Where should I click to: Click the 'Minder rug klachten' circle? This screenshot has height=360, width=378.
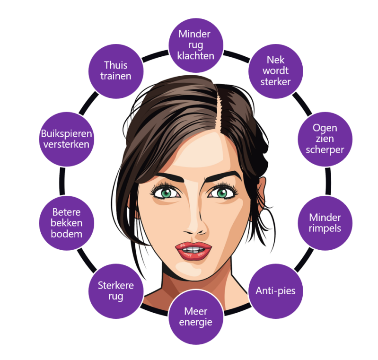(x=195, y=45)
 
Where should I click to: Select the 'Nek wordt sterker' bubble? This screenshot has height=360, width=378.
(x=276, y=71)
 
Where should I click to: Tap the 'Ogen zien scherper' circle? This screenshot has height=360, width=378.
(x=325, y=139)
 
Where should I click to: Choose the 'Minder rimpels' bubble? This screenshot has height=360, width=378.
(x=325, y=223)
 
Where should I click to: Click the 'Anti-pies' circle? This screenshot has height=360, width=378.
(x=275, y=290)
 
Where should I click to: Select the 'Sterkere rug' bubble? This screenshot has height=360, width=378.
(x=115, y=290)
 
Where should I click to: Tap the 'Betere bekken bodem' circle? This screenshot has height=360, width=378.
(x=67, y=223)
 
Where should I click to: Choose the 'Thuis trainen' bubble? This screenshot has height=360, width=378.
(x=115, y=71)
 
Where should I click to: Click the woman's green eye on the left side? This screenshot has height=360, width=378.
(x=166, y=193)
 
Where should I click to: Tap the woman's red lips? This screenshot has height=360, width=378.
(x=193, y=250)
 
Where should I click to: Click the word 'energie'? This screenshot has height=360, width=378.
(x=195, y=322)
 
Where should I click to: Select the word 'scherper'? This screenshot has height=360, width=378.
(x=325, y=149)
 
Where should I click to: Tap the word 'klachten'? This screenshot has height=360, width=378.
(x=195, y=56)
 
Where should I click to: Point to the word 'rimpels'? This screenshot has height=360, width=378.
(x=325, y=228)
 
